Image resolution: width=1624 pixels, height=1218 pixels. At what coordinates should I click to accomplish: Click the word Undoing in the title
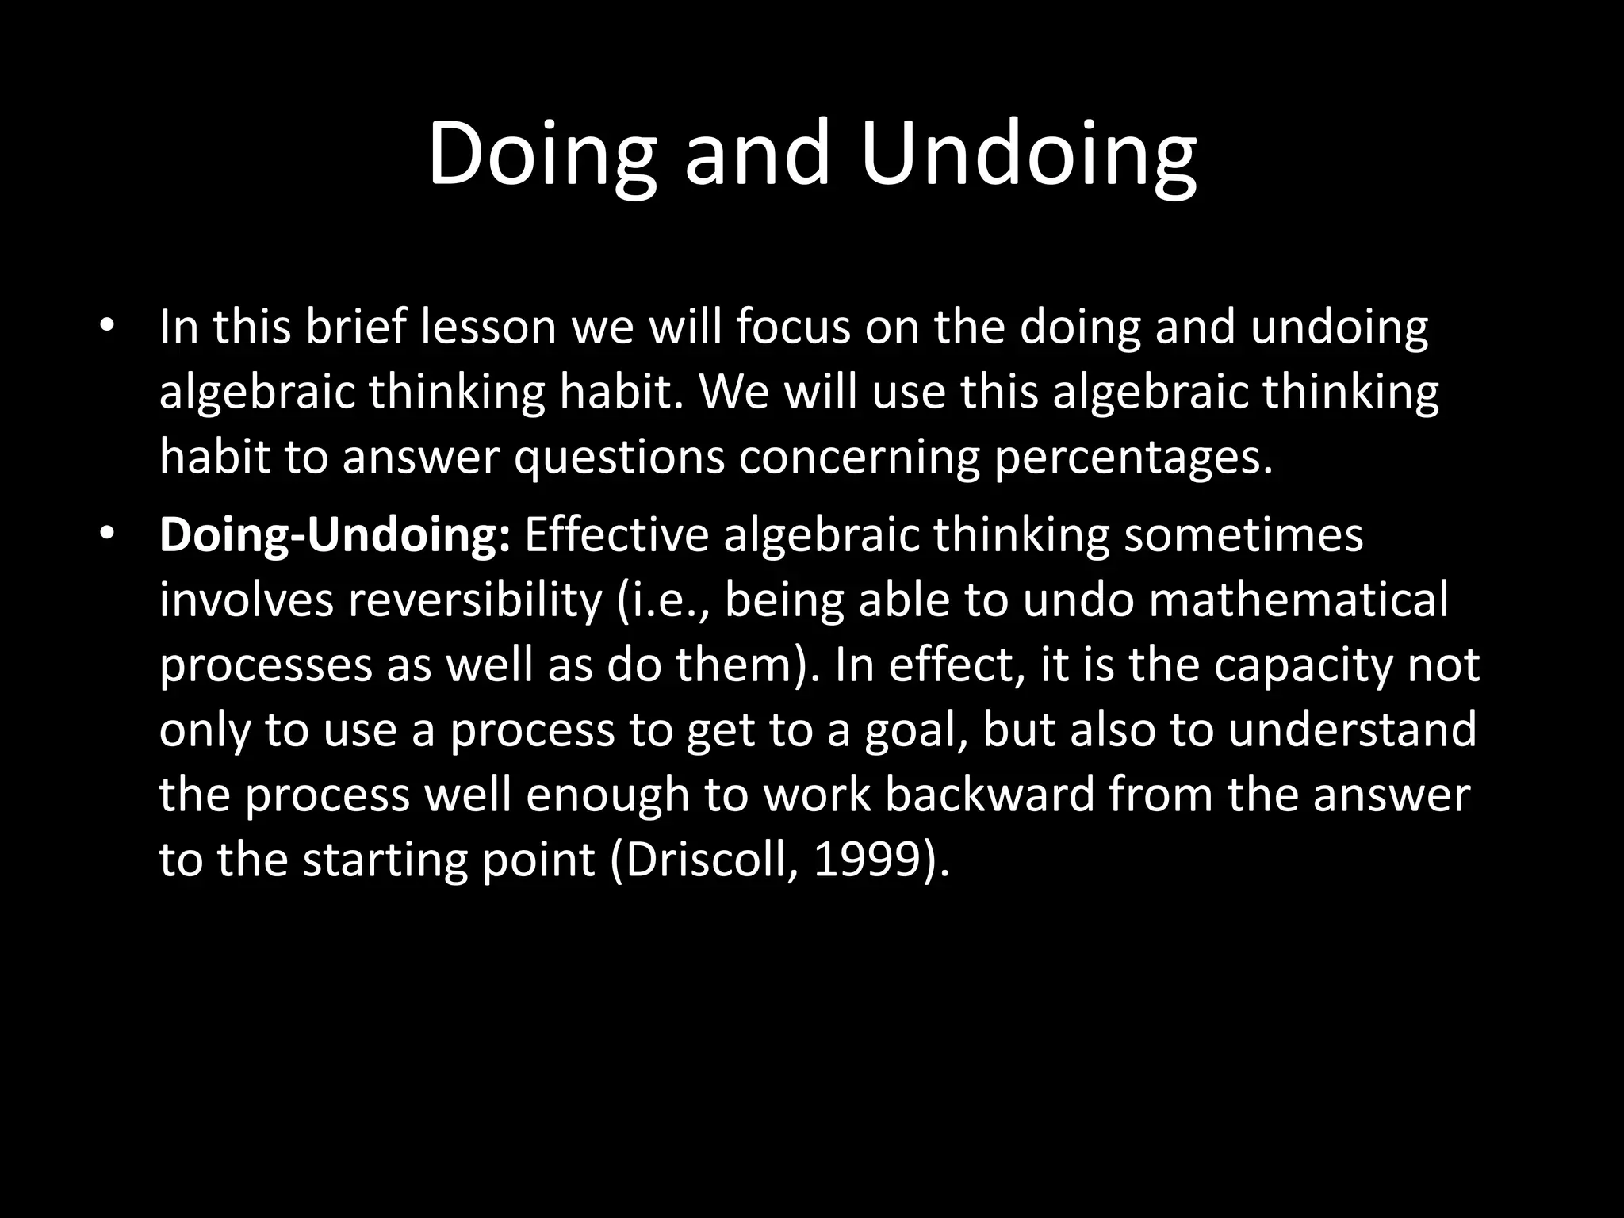coord(1028,152)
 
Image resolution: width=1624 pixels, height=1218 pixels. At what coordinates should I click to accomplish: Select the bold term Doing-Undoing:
coord(334,535)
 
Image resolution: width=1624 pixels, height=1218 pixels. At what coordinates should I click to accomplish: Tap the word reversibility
coord(475,600)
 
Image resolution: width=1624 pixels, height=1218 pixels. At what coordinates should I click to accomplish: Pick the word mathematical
coord(1298,600)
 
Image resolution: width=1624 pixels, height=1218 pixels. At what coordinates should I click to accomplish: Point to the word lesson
coord(488,326)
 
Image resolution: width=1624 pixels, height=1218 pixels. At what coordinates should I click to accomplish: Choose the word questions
coord(619,458)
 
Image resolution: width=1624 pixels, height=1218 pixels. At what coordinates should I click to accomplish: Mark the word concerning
coord(859,458)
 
